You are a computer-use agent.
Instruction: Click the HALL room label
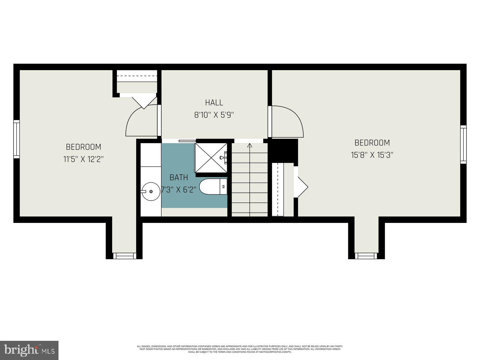click(214, 103)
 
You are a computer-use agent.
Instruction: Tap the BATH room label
click(179, 177)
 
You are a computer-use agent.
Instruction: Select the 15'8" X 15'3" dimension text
click(372, 155)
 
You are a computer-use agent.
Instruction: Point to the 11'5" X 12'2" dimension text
click(83, 159)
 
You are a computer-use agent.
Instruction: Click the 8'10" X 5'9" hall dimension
click(214, 115)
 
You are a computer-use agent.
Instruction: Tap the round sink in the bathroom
click(151, 191)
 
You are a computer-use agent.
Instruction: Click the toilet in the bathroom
click(213, 187)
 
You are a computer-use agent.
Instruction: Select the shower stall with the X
click(211, 158)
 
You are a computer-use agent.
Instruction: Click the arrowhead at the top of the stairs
click(249, 145)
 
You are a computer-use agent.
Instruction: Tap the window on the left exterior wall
click(16, 139)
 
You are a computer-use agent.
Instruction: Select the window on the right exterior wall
click(463, 145)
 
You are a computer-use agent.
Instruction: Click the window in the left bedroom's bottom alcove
click(124, 256)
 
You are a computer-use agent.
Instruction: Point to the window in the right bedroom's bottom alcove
click(366, 256)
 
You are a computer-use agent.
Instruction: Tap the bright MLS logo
click(29, 350)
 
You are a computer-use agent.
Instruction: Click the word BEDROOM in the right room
click(372, 143)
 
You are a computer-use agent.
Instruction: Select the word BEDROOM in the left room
click(83, 147)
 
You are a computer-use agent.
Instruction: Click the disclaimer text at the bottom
click(240, 349)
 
